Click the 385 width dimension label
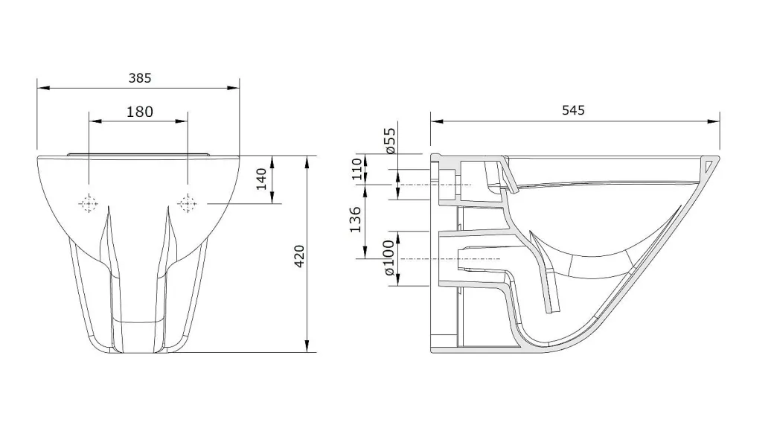pos(140,78)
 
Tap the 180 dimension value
pos(140,112)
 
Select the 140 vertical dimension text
pos(261,179)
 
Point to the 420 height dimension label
pos(299,256)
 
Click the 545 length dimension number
pos(573,110)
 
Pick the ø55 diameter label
pos(389,140)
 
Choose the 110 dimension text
pos(357,169)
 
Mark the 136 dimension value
pos(355,220)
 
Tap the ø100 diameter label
pos(389,258)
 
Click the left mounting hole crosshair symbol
pos(89,203)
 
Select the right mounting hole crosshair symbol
pos(187,203)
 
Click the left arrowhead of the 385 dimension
pos(43,89)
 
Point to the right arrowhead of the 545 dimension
pos(713,121)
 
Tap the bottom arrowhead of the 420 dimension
pos(307,346)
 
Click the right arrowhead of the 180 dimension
pos(181,121)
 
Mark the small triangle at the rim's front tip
pos(709,165)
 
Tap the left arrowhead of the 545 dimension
pos(437,121)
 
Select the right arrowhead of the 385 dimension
pos(234,89)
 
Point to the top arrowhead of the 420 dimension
pos(307,162)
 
